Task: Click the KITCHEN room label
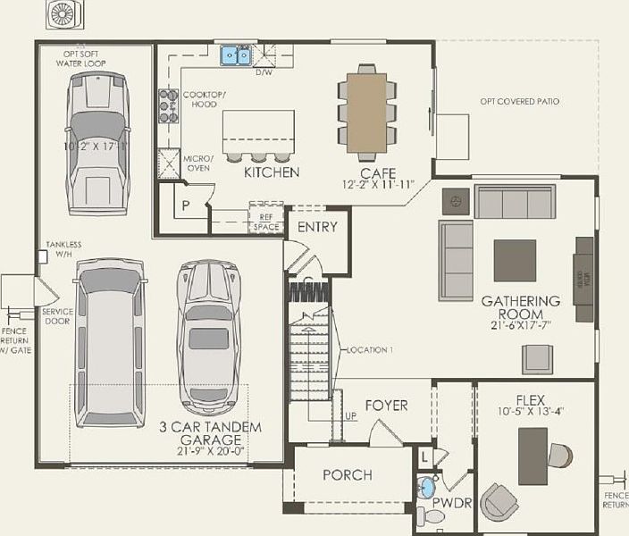(x=272, y=172)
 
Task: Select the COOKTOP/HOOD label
(x=205, y=99)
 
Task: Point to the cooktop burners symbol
(x=166, y=105)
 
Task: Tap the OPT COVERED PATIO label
(x=519, y=102)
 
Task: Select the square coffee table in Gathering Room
(x=515, y=260)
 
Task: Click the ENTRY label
(x=317, y=227)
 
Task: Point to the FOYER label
(x=386, y=405)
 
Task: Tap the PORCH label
(x=348, y=474)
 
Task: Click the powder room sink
(x=427, y=488)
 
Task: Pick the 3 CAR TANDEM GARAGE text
(x=211, y=433)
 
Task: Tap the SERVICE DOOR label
(x=57, y=315)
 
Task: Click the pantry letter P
(x=186, y=205)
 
